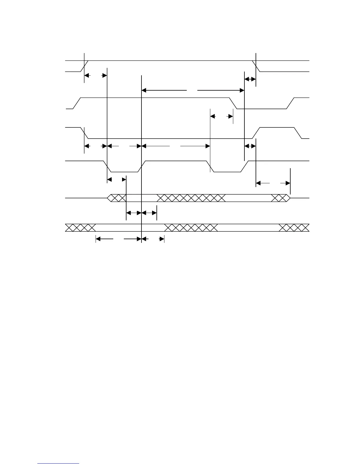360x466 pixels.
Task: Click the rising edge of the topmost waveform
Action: [x=85, y=66]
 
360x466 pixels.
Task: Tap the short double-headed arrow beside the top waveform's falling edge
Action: [x=250, y=79]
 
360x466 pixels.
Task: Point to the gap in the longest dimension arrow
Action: [x=192, y=90]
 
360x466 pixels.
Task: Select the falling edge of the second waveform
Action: [x=233, y=103]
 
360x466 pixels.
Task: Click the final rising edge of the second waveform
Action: [x=290, y=103]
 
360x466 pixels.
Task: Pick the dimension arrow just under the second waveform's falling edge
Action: [x=222, y=116]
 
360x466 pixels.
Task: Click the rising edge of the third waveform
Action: [x=256, y=133]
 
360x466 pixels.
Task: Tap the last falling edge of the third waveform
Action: [x=298, y=133]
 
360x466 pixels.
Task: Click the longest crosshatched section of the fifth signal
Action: [x=191, y=198]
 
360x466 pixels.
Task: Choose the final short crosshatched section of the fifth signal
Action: [x=279, y=198]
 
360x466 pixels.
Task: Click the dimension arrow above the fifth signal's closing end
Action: [x=273, y=183]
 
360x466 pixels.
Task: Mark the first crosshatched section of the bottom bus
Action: [x=80, y=228]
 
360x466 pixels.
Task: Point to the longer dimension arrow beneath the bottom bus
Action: [x=119, y=239]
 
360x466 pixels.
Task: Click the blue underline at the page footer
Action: [x=59, y=463]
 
